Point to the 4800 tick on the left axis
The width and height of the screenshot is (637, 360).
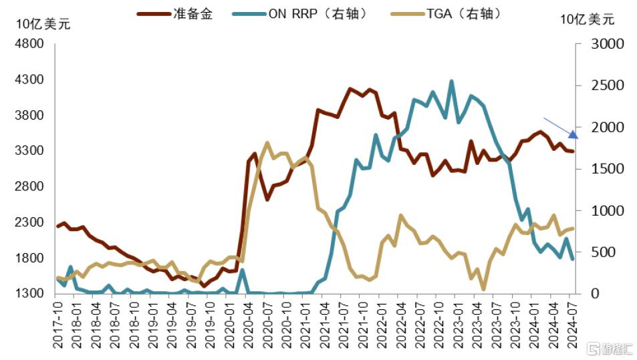click(29, 44)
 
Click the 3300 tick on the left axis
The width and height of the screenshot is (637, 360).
click(29, 151)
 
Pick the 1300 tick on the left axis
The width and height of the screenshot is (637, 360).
click(29, 293)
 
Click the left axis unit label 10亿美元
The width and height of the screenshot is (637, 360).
click(43, 24)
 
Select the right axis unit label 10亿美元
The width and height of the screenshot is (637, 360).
click(587, 19)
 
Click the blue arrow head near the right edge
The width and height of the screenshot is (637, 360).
click(574, 135)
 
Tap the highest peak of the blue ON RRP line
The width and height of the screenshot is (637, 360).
click(452, 81)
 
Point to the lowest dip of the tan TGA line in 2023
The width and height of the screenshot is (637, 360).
click(483, 289)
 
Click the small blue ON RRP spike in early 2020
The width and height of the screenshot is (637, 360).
click(241, 271)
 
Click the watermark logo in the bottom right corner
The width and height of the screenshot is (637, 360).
click(609, 349)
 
